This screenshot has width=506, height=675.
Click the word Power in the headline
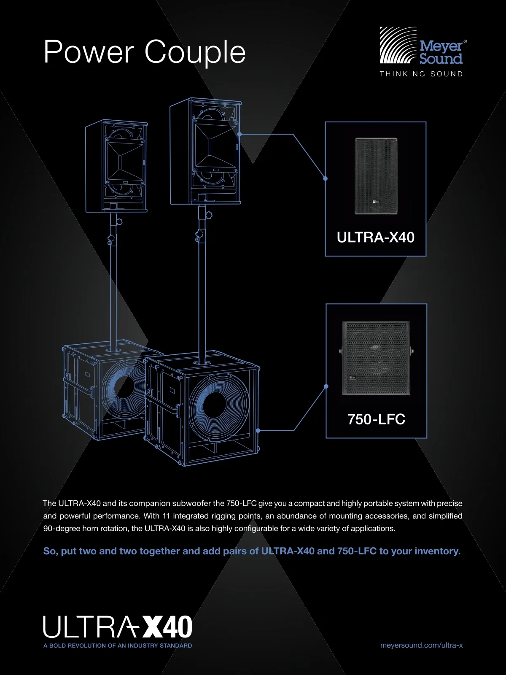pyautogui.click(x=89, y=52)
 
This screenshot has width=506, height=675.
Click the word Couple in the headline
pyautogui.click(x=195, y=52)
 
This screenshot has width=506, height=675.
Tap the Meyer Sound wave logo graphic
pyautogui.click(x=398, y=45)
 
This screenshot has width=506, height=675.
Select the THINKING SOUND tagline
pyautogui.click(x=421, y=74)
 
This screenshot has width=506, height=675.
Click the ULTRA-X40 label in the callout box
pyautogui.click(x=375, y=238)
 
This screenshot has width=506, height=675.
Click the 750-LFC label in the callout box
pyautogui.click(x=377, y=419)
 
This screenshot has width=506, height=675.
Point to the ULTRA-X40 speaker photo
pyautogui.click(x=376, y=176)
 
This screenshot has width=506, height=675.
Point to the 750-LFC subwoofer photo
pyautogui.click(x=377, y=358)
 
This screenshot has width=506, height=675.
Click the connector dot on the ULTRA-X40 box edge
pyautogui.click(x=326, y=178)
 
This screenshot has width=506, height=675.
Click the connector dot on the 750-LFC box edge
pyautogui.click(x=326, y=386)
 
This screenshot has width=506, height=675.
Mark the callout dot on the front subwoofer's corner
pyautogui.click(x=258, y=431)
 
